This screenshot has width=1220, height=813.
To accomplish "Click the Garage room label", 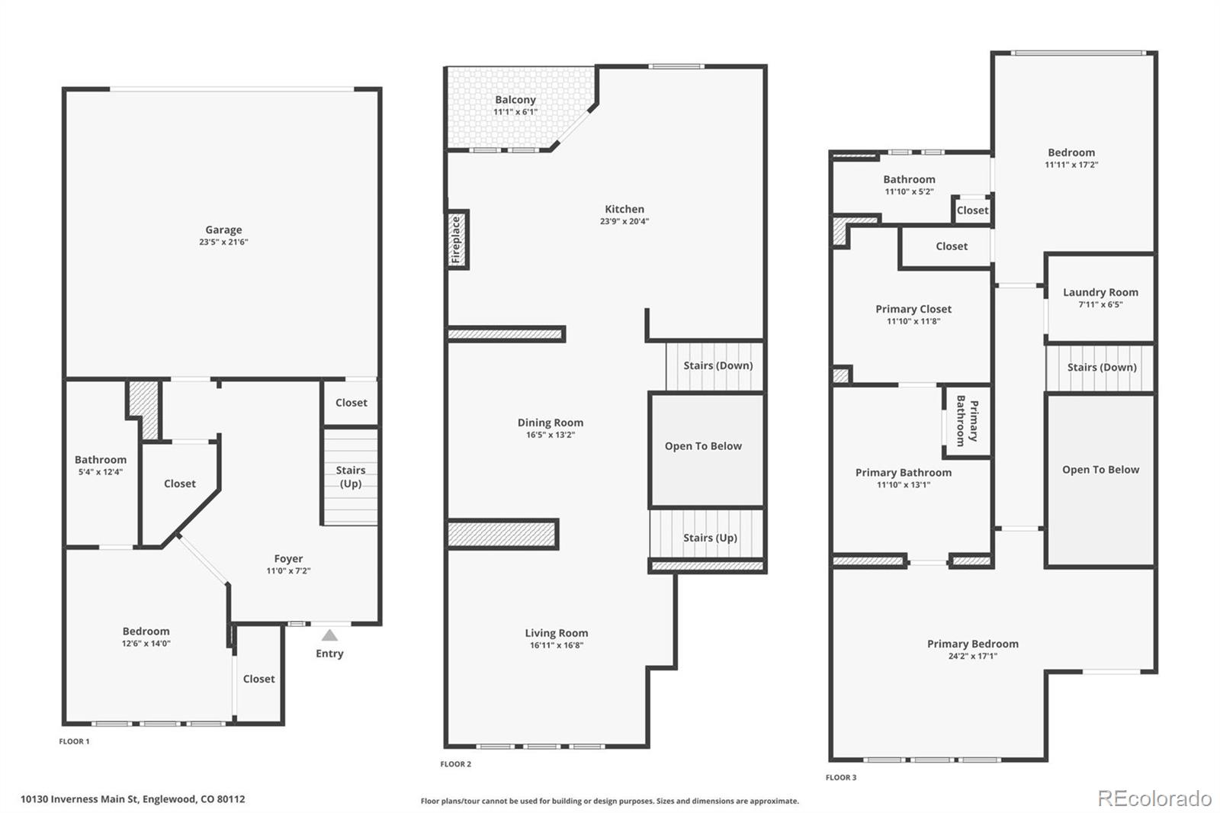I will (223, 230).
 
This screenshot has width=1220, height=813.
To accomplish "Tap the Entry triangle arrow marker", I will (329, 635).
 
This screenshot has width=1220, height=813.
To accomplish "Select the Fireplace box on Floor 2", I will (457, 239).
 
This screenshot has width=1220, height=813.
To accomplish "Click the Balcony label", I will (515, 100).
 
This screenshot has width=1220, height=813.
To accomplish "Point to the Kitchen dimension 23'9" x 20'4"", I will (624, 222).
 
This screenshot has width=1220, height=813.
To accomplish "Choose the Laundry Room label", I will (1100, 292).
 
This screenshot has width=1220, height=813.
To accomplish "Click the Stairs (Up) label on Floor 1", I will (351, 477).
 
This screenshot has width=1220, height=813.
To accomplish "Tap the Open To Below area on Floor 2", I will (703, 446).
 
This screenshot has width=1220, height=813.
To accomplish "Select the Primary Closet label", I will (913, 309).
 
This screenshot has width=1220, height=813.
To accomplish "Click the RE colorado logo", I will (1154, 799).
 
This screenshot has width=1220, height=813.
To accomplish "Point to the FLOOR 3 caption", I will (841, 778).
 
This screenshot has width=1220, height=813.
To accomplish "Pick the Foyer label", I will (288, 559).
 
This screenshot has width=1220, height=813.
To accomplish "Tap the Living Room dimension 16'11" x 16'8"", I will (557, 645).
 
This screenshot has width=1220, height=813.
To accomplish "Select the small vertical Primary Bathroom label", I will (967, 420).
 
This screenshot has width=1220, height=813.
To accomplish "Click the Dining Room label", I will (551, 423).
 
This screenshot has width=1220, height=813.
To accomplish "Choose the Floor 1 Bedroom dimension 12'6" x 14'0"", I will (146, 644).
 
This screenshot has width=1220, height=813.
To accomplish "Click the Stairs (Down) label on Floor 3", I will (1102, 368).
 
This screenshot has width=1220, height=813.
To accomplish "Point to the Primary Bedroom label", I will (973, 644).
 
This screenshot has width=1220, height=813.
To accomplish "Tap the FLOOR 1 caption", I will (74, 741).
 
